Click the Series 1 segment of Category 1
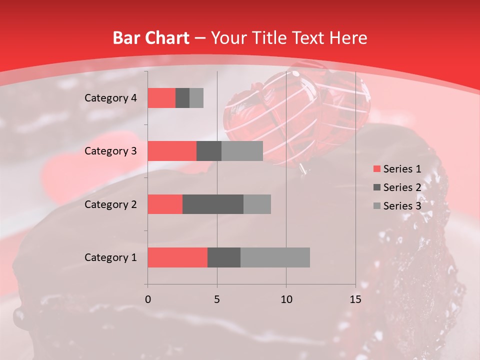(x=177, y=257)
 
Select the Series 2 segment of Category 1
(x=224, y=257)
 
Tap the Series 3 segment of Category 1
(x=275, y=257)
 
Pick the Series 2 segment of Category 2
(x=213, y=204)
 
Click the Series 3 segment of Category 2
(x=257, y=204)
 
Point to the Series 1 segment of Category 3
(x=172, y=151)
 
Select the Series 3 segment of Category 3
(x=242, y=151)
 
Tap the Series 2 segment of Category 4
(x=182, y=98)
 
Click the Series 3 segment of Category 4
(x=196, y=98)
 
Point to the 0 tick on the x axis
(x=148, y=299)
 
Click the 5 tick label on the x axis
(x=217, y=299)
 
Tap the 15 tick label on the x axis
(x=355, y=299)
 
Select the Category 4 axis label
(x=110, y=98)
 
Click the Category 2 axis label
(x=110, y=204)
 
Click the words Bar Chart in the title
(x=151, y=38)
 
